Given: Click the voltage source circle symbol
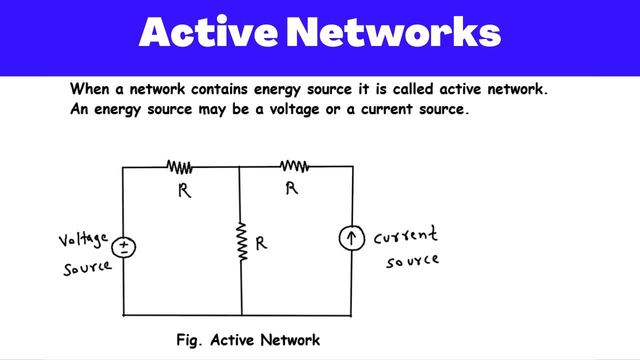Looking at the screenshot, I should (123, 247).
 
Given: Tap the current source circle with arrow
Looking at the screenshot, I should (351, 238).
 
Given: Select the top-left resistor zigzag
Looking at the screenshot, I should (179, 167).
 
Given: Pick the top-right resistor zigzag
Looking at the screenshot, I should (294, 166).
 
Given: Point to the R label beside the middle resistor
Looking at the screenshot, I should (261, 243).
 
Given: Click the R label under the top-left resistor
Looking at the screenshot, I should (184, 190).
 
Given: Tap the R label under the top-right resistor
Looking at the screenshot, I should (291, 188).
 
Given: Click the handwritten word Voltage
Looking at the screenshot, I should (83, 239).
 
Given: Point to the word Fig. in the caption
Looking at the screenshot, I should (190, 340).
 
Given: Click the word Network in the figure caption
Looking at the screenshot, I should (290, 340).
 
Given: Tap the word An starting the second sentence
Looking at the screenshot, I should (79, 109).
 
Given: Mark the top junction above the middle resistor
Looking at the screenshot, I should (239, 167).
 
